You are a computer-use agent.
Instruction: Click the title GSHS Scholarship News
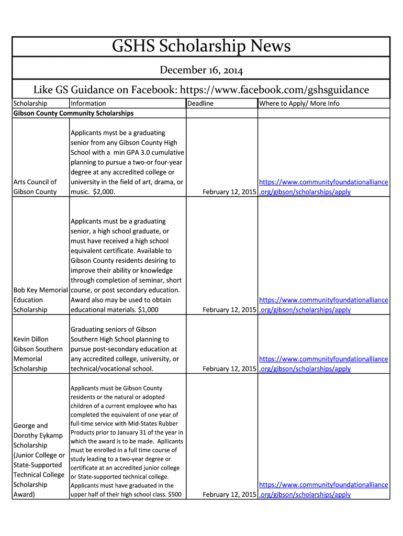pos(201,47)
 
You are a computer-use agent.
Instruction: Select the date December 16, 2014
pos(201,70)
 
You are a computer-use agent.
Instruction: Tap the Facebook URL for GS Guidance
pos(275,90)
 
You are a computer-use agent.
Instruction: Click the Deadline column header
pos(200,104)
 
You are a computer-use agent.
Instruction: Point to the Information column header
pos(88,104)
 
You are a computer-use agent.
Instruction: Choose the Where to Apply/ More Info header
pos(299,104)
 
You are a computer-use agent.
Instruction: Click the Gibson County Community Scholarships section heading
pos(73,113)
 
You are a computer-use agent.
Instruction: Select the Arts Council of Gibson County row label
pos(35,187)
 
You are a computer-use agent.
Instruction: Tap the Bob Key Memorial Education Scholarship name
pos(40,300)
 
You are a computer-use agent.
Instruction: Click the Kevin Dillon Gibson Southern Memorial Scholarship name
pos(38,354)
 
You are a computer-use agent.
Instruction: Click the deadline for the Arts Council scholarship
pos(229,192)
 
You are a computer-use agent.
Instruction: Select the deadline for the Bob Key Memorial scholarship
pos(229,310)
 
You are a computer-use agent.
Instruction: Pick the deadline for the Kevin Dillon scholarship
pos(229,369)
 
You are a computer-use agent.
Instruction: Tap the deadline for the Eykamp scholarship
pos(229,495)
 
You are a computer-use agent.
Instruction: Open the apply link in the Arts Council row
pos(323,187)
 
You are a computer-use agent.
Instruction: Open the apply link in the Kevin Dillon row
pos(323,364)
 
